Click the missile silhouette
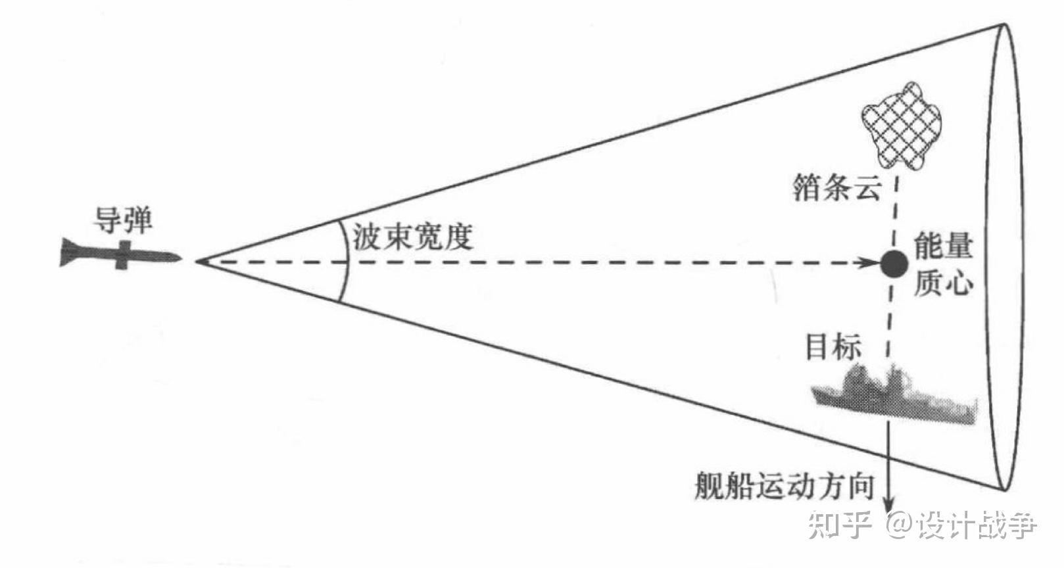(118, 254)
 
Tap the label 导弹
(123, 220)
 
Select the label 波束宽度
(412, 237)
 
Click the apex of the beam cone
(197, 262)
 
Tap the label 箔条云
(836, 189)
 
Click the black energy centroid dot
(894, 264)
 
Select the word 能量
(943, 246)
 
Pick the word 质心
(943, 283)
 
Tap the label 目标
(833, 347)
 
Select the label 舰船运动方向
(784, 486)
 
